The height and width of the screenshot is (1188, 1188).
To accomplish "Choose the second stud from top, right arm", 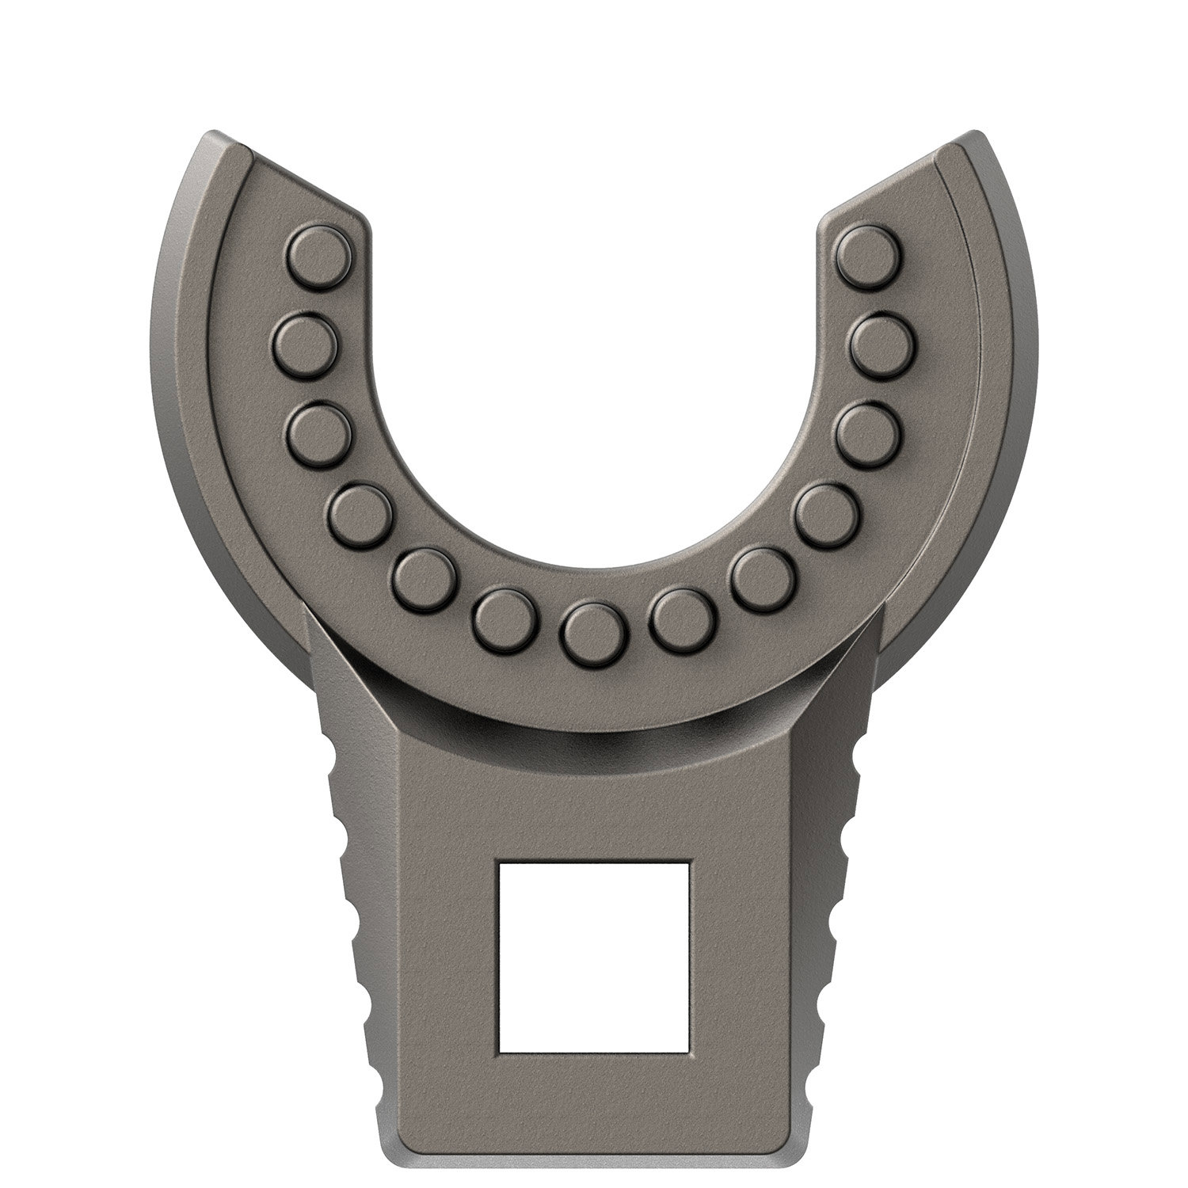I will pos(881,343).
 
